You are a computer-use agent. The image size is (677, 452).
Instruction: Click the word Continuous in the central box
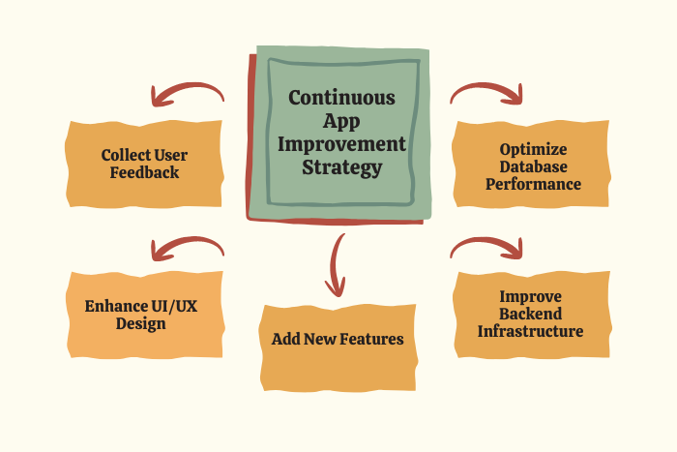[341, 98]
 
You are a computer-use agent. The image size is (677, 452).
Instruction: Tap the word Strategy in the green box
[342, 167]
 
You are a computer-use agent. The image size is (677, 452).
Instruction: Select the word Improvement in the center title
[341, 144]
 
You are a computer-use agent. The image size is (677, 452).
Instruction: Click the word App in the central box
[341, 121]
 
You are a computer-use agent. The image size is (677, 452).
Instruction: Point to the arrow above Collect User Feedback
[188, 94]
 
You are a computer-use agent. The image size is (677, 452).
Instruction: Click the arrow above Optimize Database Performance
[486, 93]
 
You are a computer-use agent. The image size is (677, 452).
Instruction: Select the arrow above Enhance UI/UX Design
[188, 249]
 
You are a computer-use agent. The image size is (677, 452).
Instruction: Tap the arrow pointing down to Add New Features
[336, 265]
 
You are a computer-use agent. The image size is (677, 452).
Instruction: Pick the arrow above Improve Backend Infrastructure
[486, 248]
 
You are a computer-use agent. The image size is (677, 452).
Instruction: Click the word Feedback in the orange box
[144, 172]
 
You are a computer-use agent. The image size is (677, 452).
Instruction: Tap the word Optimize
[533, 150]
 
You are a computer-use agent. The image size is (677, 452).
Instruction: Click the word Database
[533, 166]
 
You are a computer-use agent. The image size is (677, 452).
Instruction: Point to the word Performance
[533, 184]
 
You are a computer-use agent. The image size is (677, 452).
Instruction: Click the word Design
[141, 324]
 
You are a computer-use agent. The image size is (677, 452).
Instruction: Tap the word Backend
[531, 314]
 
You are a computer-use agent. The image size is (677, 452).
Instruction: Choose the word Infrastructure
[530, 331]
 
